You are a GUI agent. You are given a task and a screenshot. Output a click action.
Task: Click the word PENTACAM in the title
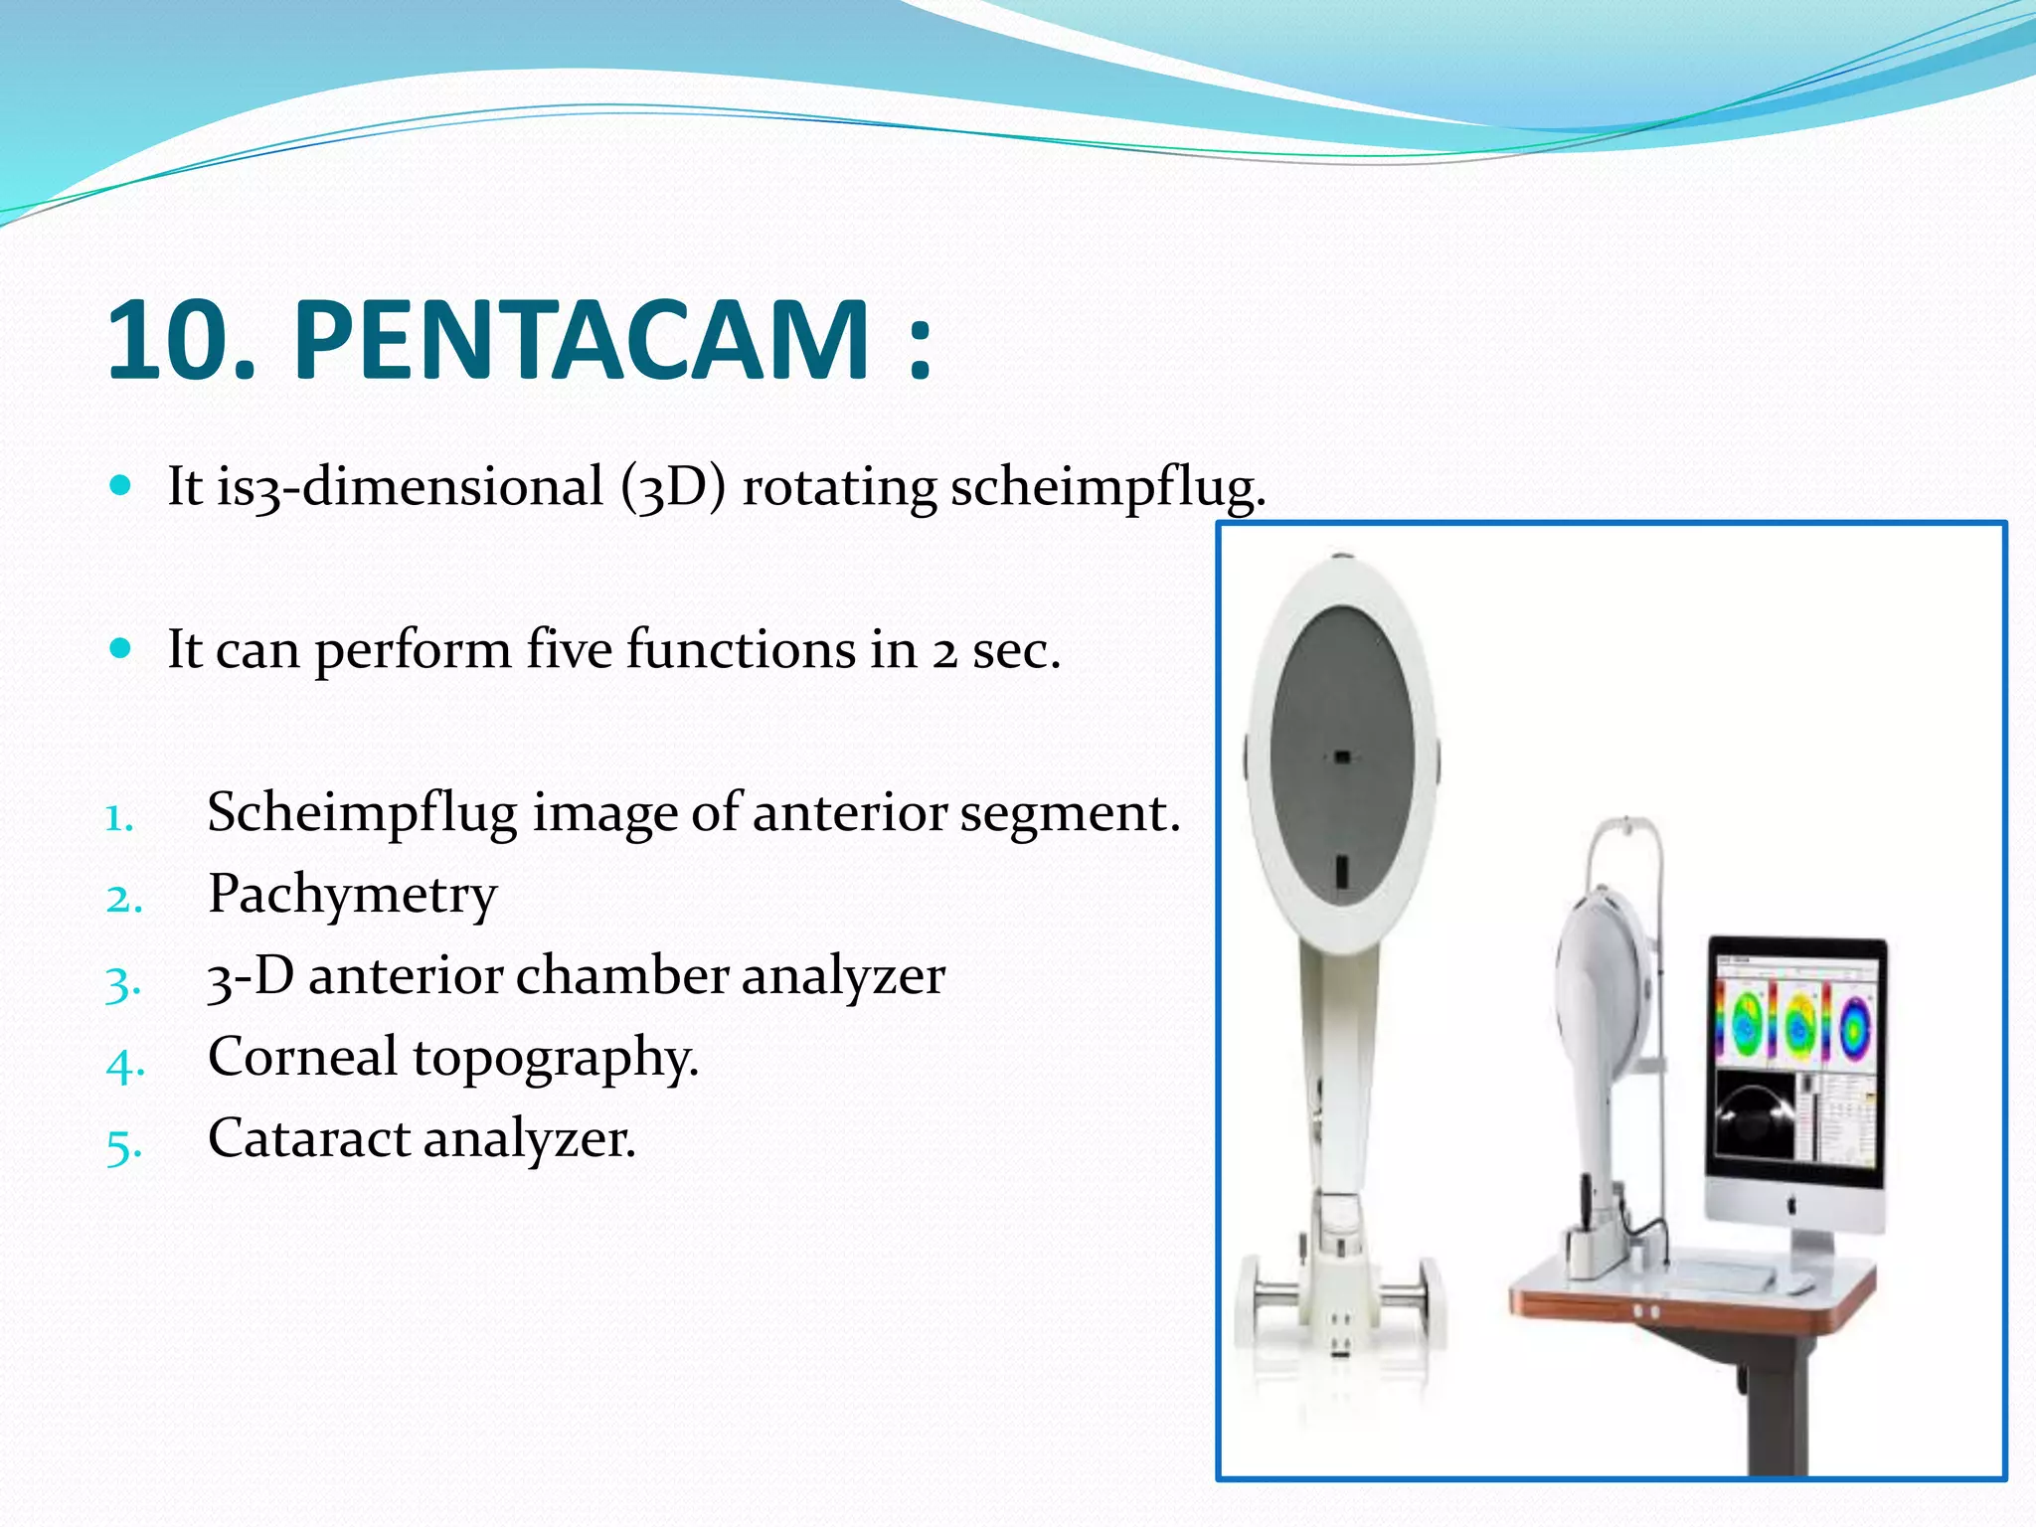click(582, 340)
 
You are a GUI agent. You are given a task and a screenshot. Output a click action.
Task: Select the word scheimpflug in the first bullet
click(1106, 487)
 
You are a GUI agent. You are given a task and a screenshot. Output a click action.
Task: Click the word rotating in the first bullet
click(839, 487)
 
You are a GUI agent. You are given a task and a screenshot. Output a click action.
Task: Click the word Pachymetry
click(352, 894)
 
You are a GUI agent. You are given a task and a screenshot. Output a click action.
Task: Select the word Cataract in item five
click(308, 1138)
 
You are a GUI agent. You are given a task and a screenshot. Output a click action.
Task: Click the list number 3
click(122, 982)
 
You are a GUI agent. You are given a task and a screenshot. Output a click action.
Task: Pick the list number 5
click(123, 1145)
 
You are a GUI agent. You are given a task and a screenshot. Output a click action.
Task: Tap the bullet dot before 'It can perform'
click(120, 649)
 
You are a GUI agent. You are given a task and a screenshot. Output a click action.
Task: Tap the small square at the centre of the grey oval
click(1342, 758)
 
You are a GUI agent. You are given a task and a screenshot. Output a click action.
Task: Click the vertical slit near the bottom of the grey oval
click(1341, 871)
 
